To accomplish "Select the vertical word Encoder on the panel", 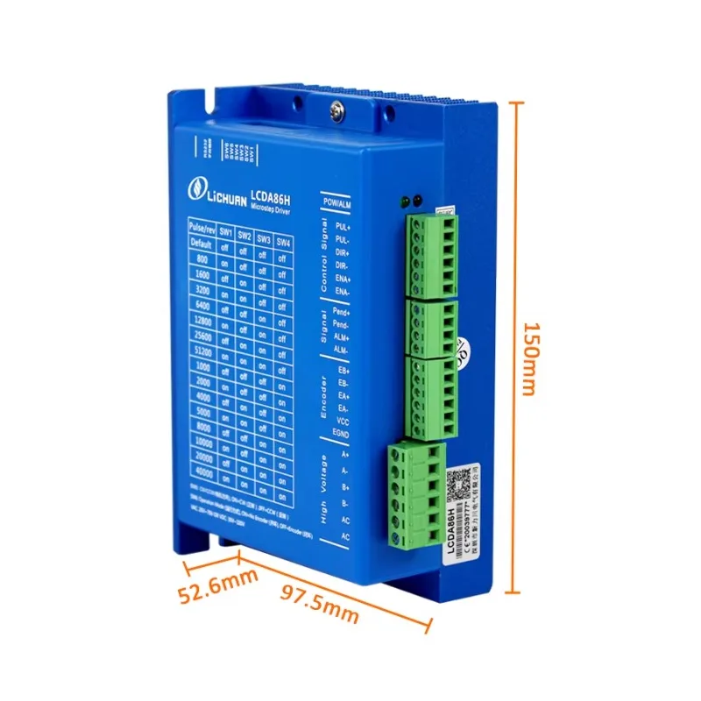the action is [323, 394].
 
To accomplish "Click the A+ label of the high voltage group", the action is [345, 455].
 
